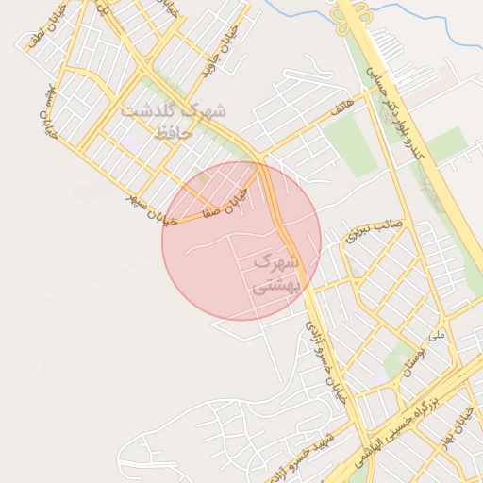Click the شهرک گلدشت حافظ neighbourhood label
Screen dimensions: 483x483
point(175,122)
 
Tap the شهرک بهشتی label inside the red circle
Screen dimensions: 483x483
point(276,273)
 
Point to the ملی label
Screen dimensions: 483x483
point(435,335)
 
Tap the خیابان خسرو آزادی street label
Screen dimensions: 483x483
point(326,359)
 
